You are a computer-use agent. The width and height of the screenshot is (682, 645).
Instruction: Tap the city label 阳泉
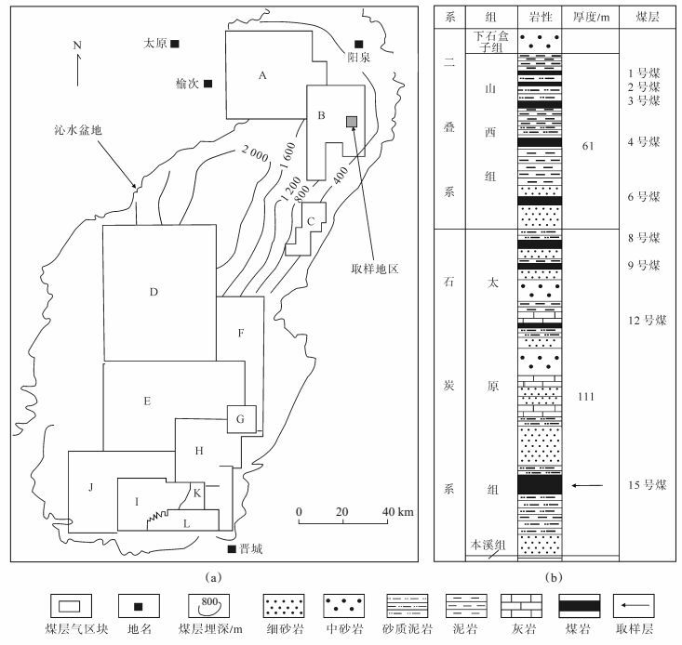tap(359, 55)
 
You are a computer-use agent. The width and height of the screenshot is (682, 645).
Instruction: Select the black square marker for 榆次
tap(208, 85)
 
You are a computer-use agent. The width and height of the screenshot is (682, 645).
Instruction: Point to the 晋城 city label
tap(249, 548)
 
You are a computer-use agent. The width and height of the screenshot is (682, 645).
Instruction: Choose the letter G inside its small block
tap(240, 419)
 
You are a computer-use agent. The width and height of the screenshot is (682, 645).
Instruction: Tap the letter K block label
tap(197, 493)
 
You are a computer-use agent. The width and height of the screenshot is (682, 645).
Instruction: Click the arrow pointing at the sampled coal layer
tap(587, 485)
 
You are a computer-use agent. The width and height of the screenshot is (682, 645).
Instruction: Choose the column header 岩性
tap(540, 18)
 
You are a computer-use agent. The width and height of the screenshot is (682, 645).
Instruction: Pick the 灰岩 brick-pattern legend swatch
tap(518, 607)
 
